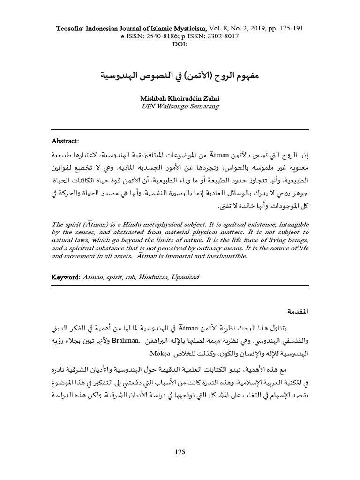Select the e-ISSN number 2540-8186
pyautogui.click(x=148, y=37)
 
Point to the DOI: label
pyautogui.click(x=180, y=45)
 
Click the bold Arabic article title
pyautogui.click(x=180, y=75)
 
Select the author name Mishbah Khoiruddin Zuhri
pyautogui.click(x=180, y=99)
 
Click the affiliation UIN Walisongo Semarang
pyautogui.click(x=180, y=106)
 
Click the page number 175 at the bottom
pyautogui.click(x=180, y=452)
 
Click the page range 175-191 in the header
pyautogui.click(x=290, y=28)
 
